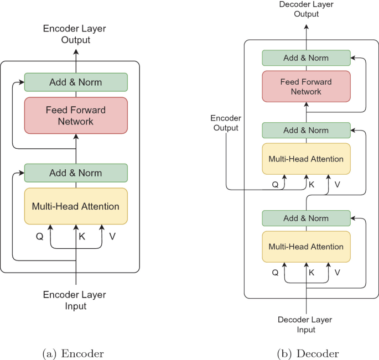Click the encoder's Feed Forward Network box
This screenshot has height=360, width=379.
point(76,115)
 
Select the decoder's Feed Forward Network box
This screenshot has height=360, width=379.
point(306,86)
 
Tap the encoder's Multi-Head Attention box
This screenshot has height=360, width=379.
point(76,206)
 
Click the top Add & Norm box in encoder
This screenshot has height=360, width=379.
point(76,82)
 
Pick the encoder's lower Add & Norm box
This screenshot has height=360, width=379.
point(76,173)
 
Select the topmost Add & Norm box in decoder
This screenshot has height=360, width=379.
point(306,58)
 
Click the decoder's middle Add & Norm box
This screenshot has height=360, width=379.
point(306,131)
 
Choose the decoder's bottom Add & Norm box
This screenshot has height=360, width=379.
point(306,218)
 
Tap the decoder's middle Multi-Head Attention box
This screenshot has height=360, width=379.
point(306,159)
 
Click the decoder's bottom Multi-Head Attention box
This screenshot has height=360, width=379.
point(306,247)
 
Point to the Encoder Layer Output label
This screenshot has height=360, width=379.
point(75,34)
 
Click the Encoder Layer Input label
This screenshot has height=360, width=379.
point(75,300)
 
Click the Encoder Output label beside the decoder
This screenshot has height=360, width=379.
point(225,123)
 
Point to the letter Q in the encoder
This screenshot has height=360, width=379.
point(39,236)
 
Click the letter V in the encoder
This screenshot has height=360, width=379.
point(112,236)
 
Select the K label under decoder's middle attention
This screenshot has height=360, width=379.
point(311,184)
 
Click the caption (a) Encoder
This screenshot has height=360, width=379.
point(76,353)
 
